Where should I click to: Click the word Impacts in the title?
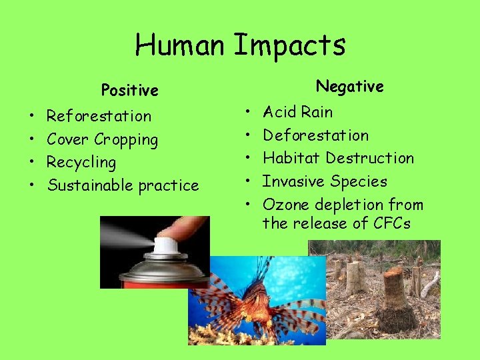(x=289, y=45)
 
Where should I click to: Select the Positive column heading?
(x=129, y=89)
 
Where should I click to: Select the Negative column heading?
(x=349, y=86)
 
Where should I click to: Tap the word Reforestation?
(x=99, y=116)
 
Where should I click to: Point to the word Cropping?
(x=126, y=140)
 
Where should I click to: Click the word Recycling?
(x=81, y=163)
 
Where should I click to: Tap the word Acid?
(x=279, y=112)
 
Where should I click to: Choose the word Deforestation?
(x=315, y=135)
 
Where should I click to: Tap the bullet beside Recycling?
(x=32, y=163)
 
